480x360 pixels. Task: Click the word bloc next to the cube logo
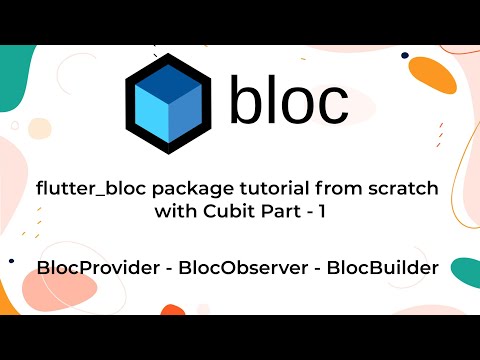coord(289,100)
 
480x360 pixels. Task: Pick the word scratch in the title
coord(404,188)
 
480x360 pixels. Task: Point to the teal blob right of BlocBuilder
coord(465,270)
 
